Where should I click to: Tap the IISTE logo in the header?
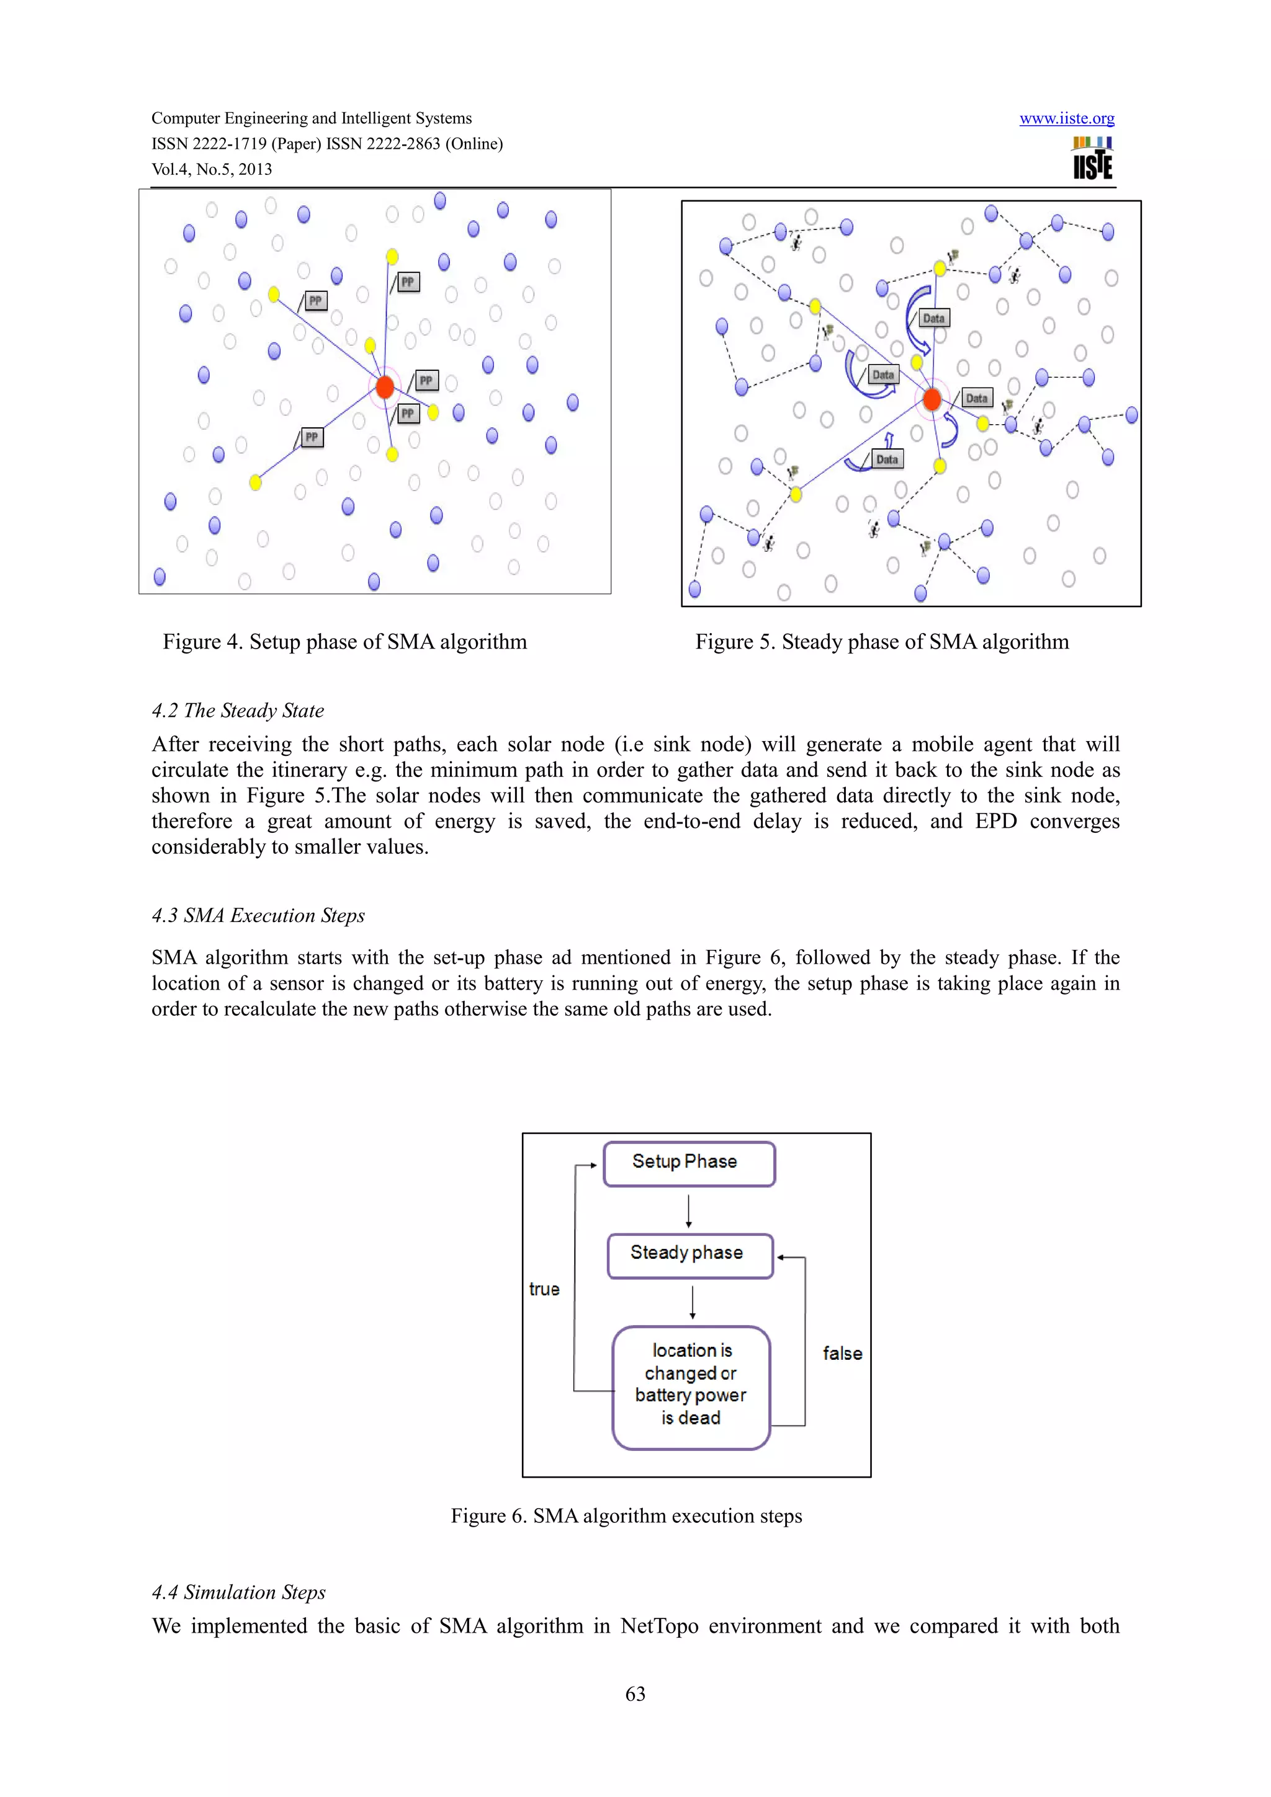[1092, 159]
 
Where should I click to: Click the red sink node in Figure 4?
[385, 387]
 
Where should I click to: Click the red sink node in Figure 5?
[931, 399]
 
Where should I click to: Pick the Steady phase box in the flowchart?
[689, 1254]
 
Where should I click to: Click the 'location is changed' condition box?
[691, 1386]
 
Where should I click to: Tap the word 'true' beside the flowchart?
[544, 1289]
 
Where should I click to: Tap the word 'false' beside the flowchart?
[842, 1353]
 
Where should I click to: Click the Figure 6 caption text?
[626, 1516]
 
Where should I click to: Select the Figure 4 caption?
[344, 642]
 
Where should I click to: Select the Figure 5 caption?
[882, 642]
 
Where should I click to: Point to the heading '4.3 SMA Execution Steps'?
[258, 915]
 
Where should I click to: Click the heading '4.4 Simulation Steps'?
[238, 1592]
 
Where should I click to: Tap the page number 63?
[635, 1693]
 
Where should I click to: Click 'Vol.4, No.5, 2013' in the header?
[212, 169]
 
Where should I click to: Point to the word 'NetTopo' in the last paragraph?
[658, 1626]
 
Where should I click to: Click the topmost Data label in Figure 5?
[933, 317]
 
